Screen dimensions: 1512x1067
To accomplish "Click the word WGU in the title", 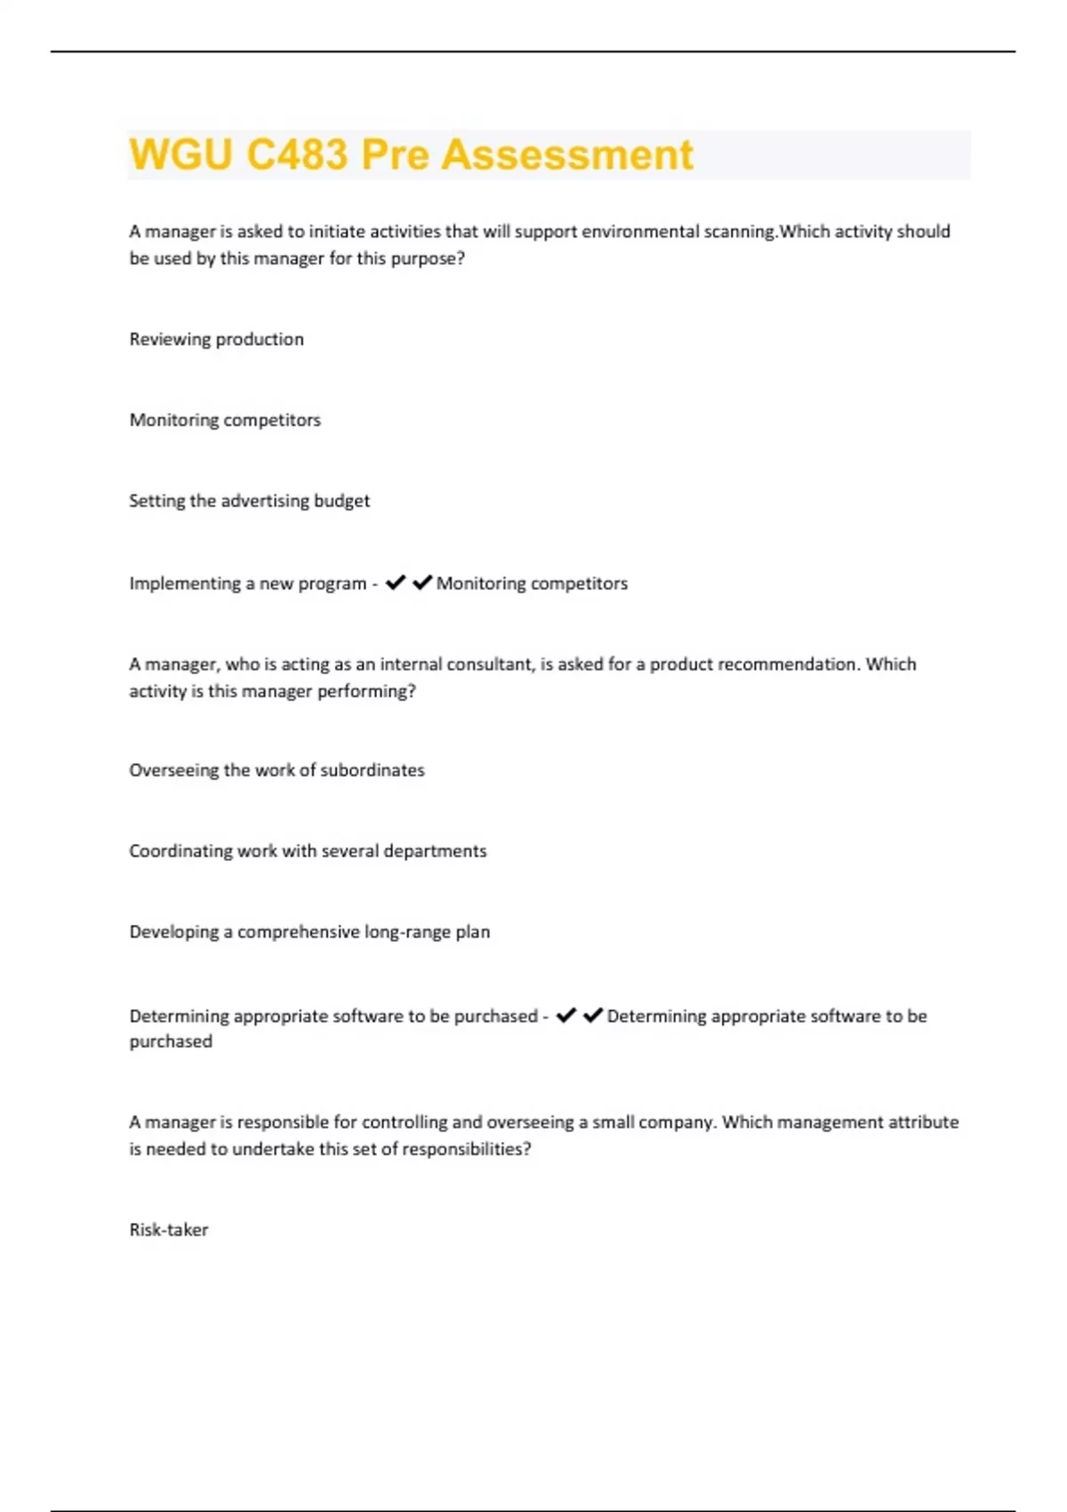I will point(181,155).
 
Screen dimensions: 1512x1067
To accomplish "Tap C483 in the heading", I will point(297,155).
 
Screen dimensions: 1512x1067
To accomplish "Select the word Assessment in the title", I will point(567,155).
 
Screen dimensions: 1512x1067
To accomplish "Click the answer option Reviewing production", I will point(216,339).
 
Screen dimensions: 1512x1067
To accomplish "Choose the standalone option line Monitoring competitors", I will point(225,420).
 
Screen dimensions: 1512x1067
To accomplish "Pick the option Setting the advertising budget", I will point(249,501).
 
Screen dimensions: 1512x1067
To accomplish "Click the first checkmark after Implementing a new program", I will point(396,583).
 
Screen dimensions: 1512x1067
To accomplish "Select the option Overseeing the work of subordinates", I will point(277,770).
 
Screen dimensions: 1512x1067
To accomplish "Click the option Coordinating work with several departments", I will point(308,851).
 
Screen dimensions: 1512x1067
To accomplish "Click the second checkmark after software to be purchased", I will point(593,1015).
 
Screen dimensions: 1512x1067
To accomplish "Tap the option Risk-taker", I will point(169,1230).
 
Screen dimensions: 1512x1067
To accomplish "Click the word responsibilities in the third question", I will point(466,1149).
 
